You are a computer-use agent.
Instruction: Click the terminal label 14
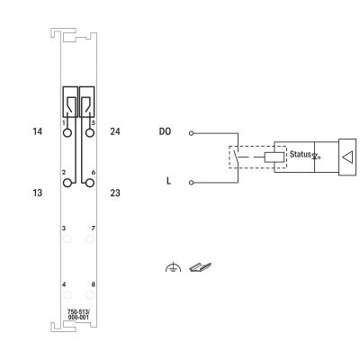pyautogui.click(x=38, y=131)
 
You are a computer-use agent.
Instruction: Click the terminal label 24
pyautogui.click(x=115, y=131)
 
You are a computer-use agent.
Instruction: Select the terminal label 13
pyautogui.click(x=38, y=193)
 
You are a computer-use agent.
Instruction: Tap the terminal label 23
pyautogui.click(x=115, y=193)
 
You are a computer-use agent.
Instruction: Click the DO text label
pyautogui.click(x=165, y=131)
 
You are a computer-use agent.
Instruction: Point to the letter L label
pyautogui.click(x=168, y=181)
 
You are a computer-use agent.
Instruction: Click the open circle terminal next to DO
pyautogui.click(x=192, y=133)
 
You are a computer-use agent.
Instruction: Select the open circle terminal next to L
pyautogui.click(x=192, y=183)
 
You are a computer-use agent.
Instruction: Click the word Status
pyautogui.click(x=301, y=154)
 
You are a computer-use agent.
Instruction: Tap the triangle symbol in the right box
pyautogui.click(x=348, y=157)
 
